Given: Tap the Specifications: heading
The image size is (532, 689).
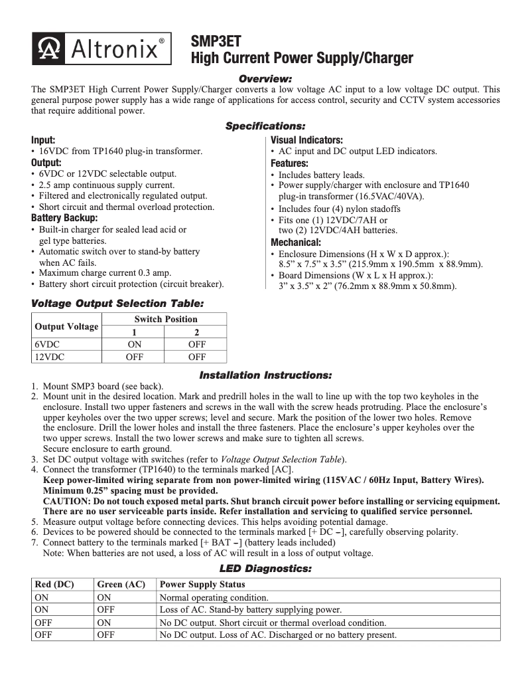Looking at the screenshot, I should point(265,126).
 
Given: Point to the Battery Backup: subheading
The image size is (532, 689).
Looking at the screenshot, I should point(64,218).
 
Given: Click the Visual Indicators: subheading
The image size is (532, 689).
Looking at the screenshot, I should point(306,140).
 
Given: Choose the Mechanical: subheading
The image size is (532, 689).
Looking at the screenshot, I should point(296,243).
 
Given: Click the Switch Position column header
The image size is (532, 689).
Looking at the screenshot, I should point(165,319).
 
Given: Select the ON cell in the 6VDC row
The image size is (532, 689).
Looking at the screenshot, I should point(134,344).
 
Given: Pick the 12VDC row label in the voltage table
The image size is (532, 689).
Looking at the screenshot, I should point(50,357).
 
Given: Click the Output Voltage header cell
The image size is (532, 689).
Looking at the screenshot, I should point(66,326).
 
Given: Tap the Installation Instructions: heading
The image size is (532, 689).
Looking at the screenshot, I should point(265,375).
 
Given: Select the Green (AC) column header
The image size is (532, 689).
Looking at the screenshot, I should point(121,584).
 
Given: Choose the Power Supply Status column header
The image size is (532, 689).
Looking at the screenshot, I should point(202,584).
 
